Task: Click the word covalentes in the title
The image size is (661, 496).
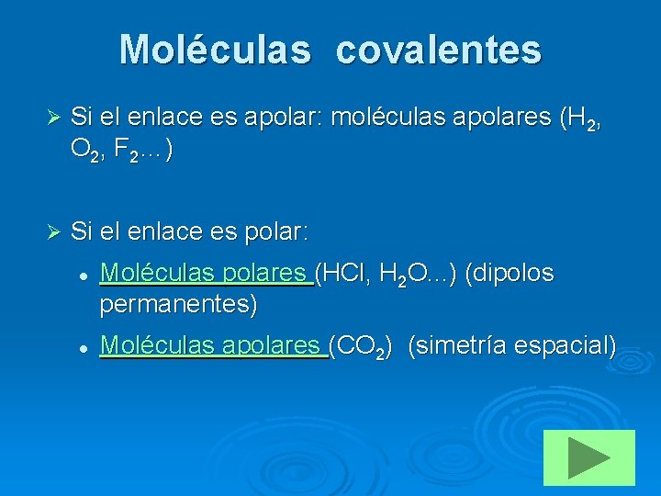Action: (438, 50)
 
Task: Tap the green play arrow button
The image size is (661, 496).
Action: (588, 457)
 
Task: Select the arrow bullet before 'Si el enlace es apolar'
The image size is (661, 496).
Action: (52, 118)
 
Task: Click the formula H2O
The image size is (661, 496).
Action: (396, 274)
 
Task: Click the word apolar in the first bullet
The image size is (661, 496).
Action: (282, 118)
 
